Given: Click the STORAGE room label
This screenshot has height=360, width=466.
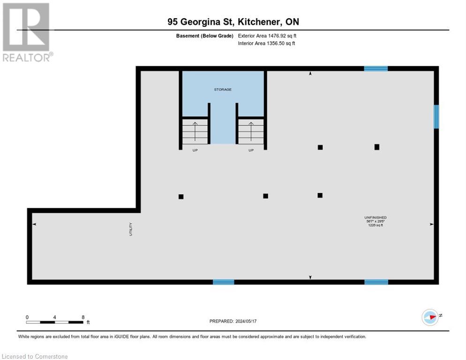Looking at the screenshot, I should tap(223, 89).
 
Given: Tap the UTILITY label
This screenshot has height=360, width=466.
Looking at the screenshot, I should tap(131, 229).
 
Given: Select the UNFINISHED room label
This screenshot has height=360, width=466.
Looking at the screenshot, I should tap(376, 217).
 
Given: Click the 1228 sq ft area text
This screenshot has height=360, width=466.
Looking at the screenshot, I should tap(376, 225).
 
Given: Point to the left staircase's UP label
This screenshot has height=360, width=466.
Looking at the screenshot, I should tap(195, 150).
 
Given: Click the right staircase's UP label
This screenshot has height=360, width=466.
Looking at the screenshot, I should tap(251, 150).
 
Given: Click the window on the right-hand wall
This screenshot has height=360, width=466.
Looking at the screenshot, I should tap(436, 116).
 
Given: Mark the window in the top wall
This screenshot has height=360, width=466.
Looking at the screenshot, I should tap(376, 68).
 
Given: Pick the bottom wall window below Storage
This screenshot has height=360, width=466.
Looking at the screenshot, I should tap(223, 282).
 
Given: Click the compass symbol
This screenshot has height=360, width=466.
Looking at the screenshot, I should tap(430, 317).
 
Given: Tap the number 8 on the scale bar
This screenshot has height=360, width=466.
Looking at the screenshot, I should tap(83, 317).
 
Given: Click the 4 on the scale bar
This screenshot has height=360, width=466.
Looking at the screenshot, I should tap(55, 317).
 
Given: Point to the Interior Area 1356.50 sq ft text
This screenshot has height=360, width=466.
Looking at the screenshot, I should tap(266, 44).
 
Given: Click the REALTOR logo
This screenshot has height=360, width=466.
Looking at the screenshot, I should tap(27, 33).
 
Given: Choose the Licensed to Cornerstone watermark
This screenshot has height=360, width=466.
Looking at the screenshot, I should tap(35, 356).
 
